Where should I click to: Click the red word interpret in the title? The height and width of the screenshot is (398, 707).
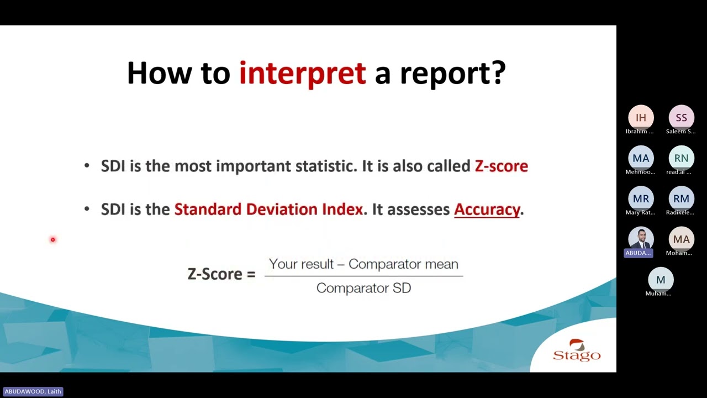click(302, 73)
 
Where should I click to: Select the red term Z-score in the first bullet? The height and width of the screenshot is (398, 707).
click(501, 166)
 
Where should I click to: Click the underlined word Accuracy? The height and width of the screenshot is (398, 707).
click(487, 210)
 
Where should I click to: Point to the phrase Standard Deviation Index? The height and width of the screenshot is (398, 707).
click(268, 210)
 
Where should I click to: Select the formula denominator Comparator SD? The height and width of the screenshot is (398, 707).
click(363, 288)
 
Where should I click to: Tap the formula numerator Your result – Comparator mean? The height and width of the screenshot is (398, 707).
click(363, 264)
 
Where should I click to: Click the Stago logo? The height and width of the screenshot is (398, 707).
click(576, 350)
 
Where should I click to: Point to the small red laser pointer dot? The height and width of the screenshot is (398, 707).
click(53, 239)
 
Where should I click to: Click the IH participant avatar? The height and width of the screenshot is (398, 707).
click(641, 118)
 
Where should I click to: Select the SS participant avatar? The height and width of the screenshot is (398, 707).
click(681, 118)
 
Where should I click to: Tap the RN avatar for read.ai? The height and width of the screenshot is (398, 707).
click(681, 158)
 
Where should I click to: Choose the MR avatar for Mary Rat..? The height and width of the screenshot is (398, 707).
click(641, 198)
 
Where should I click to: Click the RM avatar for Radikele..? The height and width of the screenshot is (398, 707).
click(681, 198)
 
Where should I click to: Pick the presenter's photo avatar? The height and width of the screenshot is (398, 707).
click(641, 238)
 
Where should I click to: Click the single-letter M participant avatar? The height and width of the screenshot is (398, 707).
click(661, 280)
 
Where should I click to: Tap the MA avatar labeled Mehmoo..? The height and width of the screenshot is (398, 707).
click(641, 158)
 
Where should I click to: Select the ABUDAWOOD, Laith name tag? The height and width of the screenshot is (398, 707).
click(33, 391)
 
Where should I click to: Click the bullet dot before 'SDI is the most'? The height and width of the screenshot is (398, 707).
click(87, 166)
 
